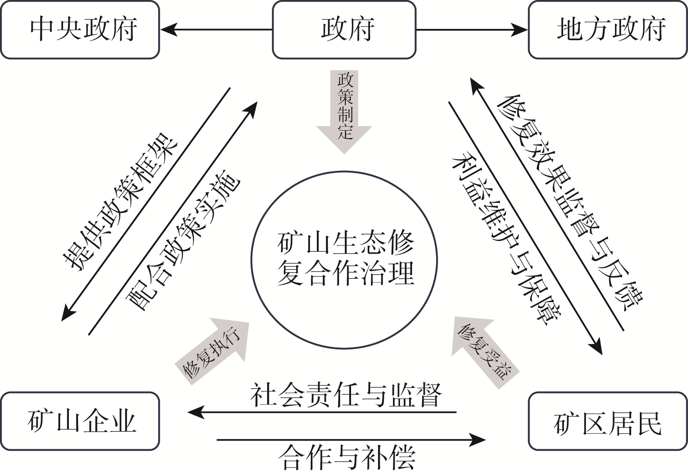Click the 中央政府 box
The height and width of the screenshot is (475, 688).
click(80, 30)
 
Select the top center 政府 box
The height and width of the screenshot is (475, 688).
click(344, 30)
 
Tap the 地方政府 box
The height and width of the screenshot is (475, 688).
click(607, 30)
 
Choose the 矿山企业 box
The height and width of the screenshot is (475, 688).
click(80, 421)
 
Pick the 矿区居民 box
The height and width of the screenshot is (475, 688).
click(607, 421)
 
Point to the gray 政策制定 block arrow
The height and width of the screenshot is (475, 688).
click(344, 110)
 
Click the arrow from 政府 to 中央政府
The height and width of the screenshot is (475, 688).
click(216, 30)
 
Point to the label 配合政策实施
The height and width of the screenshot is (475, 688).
click(183, 240)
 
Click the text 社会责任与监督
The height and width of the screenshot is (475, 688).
click(346, 395)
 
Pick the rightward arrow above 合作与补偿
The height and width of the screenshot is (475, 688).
click(351, 439)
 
